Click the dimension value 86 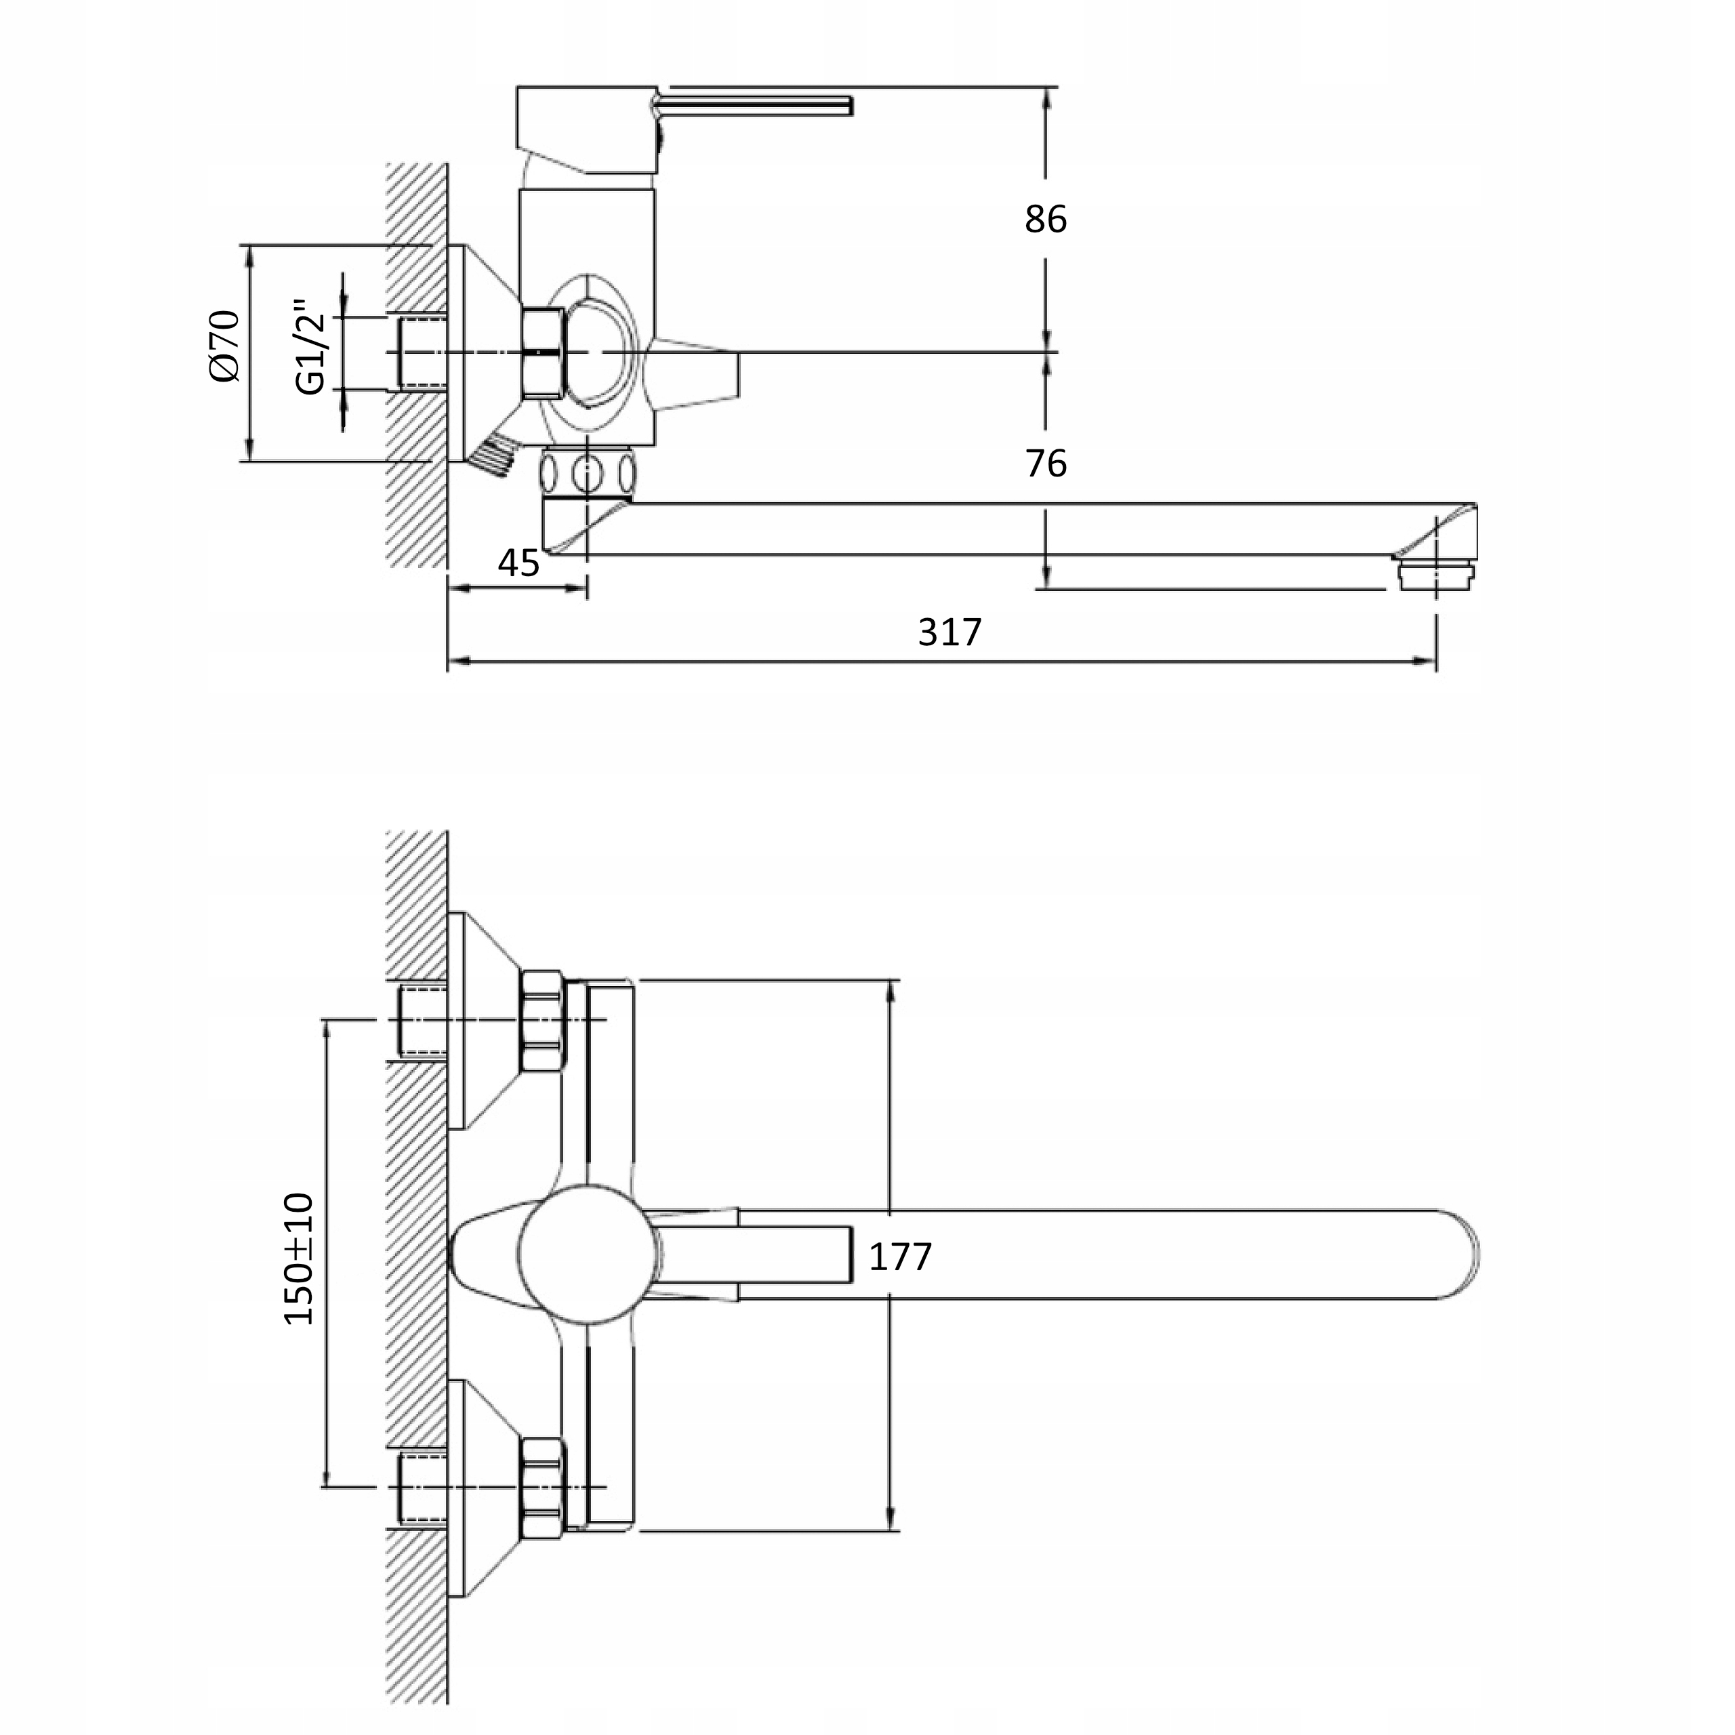click(x=1045, y=219)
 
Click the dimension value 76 click(x=1045, y=464)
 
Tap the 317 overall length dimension click(x=950, y=632)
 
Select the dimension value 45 click(x=518, y=563)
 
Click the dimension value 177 click(x=900, y=1257)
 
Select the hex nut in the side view click(x=542, y=352)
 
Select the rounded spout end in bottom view click(x=1446, y=1254)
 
